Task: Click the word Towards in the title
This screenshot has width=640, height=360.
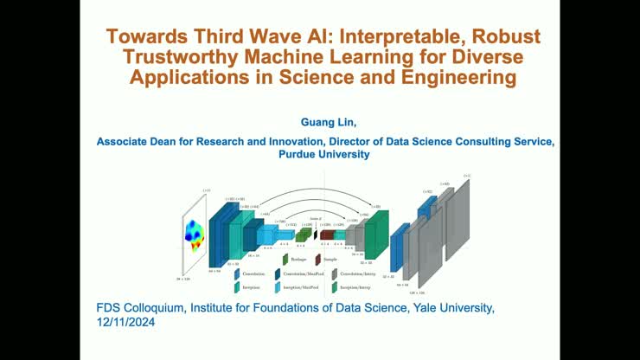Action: (x=143, y=38)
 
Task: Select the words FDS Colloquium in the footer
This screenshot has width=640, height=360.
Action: (x=139, y=308)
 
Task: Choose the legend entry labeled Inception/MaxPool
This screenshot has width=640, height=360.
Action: (x=303, y=287)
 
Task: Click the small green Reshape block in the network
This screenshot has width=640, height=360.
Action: (x=302, y=235)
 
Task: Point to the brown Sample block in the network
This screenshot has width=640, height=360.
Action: (x=326, y=235)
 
